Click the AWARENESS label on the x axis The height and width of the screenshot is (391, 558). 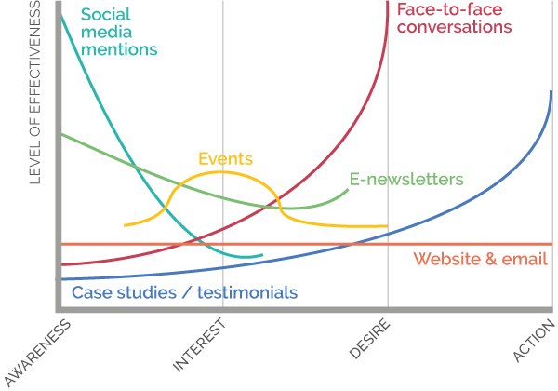point(38,353)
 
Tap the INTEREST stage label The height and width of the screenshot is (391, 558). point(199,345)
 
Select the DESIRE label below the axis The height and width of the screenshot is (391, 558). point(370,338)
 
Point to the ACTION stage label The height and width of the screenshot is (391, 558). point(534,341)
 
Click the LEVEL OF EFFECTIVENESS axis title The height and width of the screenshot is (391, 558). point(35,92)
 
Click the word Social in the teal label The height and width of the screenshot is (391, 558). point(106,15)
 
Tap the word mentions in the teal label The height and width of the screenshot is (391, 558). point(119,49)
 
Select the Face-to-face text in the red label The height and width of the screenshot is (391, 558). point(449,9)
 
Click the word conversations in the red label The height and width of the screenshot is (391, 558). point(454,27)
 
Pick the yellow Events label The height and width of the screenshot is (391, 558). point(225,158)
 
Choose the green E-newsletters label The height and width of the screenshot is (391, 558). point(406,179)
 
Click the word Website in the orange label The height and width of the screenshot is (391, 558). point(446,259)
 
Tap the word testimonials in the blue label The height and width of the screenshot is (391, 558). point(247,292)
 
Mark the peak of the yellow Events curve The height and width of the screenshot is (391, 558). point(221,172)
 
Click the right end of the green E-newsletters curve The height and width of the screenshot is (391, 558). point(348,190)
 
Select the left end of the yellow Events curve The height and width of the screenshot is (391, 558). point(125,225)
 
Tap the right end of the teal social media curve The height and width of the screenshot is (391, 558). point(262,254)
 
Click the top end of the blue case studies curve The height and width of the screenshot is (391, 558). point(551,91)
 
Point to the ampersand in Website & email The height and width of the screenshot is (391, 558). point(491,259)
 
